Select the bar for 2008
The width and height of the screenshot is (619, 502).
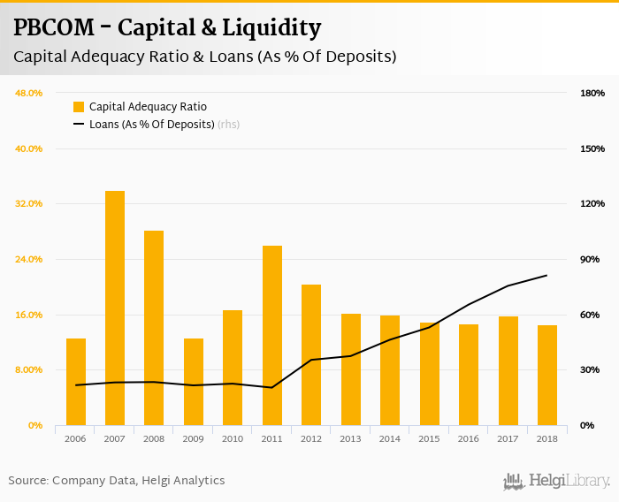(x=154, y=328)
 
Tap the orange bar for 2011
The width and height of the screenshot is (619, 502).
(x=272, y=335)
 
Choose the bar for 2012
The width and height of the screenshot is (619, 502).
(x=311, y=354)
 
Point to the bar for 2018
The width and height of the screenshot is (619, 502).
(x=547, y=375)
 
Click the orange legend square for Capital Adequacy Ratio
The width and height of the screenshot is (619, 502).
(x=79, y=107)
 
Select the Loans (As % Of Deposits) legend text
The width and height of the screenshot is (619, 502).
(x=152, y=125)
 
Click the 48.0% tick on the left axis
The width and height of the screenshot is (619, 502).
(x=29, y=93)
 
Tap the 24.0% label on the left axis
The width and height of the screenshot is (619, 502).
(x=29, y=259)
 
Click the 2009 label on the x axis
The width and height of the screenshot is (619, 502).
(x=194, y=438)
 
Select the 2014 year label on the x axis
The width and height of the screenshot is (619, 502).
(x=390, y=438)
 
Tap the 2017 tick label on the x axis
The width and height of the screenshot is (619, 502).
(x=508, y=438)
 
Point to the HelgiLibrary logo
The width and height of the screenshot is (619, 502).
(x=557, y=481)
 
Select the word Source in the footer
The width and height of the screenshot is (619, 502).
(x=27, y=481)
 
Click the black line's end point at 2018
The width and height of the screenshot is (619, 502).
(x=547, y=275)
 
